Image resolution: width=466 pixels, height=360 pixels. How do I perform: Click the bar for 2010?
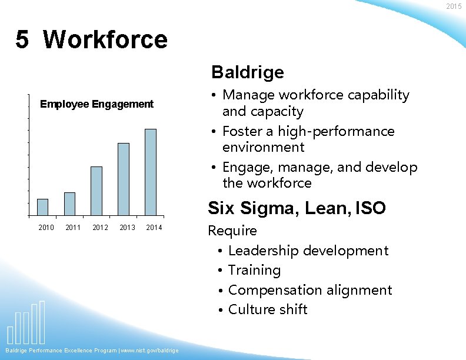[42, 207]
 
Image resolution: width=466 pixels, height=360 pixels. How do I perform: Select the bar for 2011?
[69, 204]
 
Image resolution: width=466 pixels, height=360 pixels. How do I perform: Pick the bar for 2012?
[96, 191]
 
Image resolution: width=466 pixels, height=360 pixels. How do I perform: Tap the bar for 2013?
[124, 179]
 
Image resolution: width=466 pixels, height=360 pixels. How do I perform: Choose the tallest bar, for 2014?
[151, 172]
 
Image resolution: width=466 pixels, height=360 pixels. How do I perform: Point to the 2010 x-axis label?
[46, 228]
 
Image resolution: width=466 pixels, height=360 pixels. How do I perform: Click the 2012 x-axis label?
[100, 228]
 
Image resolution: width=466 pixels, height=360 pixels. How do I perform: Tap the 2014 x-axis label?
[154, 228]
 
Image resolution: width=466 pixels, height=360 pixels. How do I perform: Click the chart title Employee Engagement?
[96, 104]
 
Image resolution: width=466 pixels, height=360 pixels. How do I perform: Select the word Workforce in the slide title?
[105, 40]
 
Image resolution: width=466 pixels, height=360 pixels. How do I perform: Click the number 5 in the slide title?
[22, 40]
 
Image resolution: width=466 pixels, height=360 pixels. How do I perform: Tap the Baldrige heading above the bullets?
[247, 72]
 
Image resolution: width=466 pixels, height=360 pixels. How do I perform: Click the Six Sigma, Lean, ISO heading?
[297, 208]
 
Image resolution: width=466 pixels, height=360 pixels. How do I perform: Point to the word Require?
[232, 231]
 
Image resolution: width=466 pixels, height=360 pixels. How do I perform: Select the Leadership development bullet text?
[308, 251]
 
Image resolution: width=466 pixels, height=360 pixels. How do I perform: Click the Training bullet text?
[254, 270]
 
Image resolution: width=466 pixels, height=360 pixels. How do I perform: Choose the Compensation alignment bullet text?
[309, 290]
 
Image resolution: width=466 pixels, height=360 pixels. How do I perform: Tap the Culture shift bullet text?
[268, 309]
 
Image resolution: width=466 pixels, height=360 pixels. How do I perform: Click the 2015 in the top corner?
[454, 6]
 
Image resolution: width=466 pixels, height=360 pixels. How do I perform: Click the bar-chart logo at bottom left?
[26, 322]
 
